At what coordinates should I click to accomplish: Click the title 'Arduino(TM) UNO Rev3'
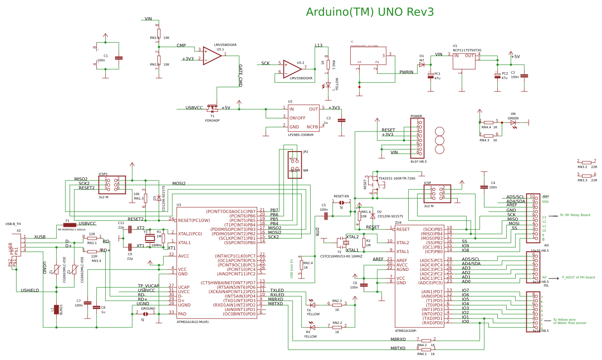(x=370, y=12)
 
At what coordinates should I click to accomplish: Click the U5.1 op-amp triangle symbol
(x=212, y=55)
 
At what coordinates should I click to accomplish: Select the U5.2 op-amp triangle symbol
(x=292, y=68)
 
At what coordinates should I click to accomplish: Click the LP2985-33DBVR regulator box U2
(x=303, y=118)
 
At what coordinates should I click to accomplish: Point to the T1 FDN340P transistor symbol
(x=213, y=108)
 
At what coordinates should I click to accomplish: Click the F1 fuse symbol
(x=70, y=225)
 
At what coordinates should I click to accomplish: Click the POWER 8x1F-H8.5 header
(x=417, y=138)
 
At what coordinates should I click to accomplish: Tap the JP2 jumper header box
(x=295, y=164)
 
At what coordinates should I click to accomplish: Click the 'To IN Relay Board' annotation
(x=575, y=215)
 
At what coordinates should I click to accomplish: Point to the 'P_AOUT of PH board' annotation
(x=578, y=277)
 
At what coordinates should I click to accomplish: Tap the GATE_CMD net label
(x=241, y=75)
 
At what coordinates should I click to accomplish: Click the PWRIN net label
(x=406, y=72)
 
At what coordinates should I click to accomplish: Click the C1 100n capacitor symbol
(x=119, y=58)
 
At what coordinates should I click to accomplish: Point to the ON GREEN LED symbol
(x=513, y=123)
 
